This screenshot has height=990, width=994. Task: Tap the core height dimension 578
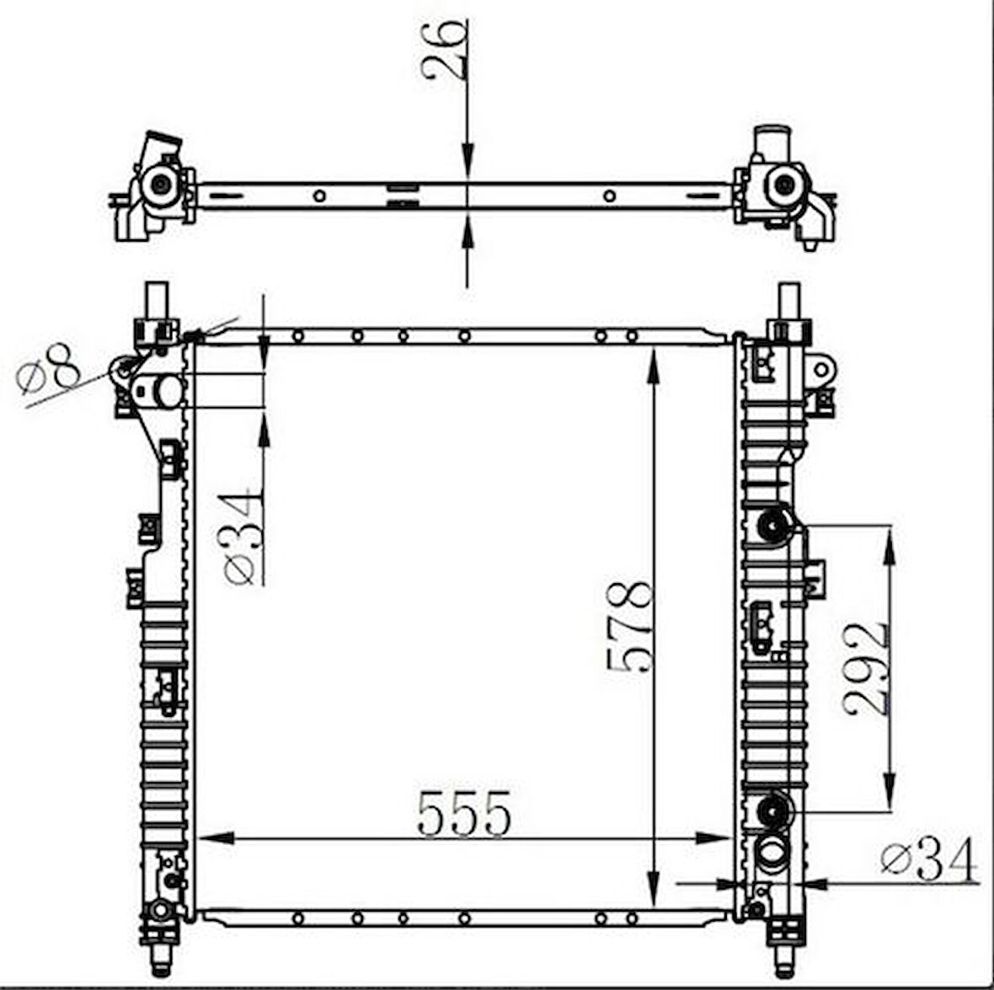[630, 625]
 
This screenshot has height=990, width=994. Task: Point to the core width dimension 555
[464, 814]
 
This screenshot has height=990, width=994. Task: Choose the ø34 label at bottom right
[928, 859]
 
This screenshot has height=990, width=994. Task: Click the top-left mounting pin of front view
[156, 298]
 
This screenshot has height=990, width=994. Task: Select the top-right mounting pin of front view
[788, 298]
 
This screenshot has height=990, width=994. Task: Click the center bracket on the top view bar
[402, 194]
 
